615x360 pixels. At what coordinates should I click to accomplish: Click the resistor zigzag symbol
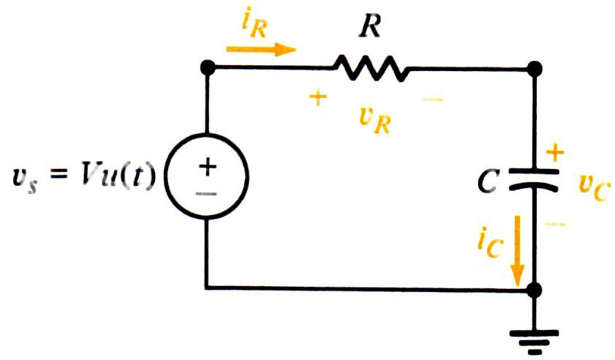pos(371,69)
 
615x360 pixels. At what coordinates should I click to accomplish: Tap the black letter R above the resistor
pos(370,27)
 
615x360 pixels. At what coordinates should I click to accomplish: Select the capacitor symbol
pos(534,180)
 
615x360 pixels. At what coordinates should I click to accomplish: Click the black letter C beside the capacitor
pos(488,181)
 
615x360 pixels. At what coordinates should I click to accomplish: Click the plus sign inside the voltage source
pos(208,167)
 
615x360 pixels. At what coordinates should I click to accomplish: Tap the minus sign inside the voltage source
pos(206,194)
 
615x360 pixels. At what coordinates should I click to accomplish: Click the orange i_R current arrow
pos(261,50)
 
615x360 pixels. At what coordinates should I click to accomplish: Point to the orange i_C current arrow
pos(518,250)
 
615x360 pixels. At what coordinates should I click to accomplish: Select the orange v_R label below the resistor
pos(375,121)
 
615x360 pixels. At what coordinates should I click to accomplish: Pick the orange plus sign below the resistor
pos(318,98)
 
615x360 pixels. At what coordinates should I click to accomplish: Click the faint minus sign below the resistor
pos(432,100)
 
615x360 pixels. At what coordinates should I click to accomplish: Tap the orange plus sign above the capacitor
pos(555,152)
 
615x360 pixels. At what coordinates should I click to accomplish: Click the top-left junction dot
pos(208,68)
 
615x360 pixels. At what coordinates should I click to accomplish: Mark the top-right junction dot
pos(535,69)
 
